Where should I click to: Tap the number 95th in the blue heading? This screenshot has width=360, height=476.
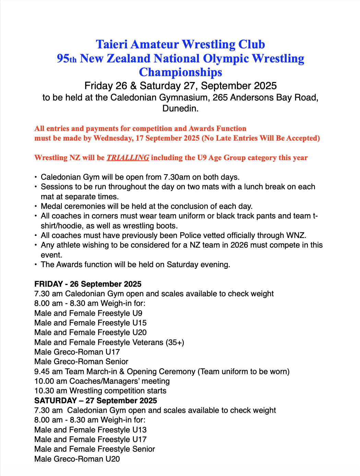67,59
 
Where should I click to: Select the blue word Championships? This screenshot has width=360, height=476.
180,72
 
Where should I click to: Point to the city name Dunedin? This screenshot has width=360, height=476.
180,109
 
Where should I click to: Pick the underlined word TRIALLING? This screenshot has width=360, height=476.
128,158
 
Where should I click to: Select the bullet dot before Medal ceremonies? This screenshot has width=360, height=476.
36,206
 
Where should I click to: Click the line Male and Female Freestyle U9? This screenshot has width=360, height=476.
88,313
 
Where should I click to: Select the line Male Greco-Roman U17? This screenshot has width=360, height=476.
77,352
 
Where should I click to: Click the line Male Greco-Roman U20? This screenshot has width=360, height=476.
77,459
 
